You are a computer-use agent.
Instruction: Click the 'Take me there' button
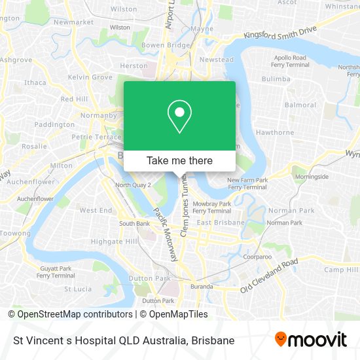tap(179, 160)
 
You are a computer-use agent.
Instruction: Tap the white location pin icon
tap(179, 116)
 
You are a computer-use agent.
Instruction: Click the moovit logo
tap(311, 340)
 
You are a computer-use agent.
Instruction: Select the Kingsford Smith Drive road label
tap(279, 32)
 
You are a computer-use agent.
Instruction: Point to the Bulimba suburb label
tap(276, 79)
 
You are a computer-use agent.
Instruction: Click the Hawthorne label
tap(275, 132)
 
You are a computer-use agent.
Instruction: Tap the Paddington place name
tap(54, 124)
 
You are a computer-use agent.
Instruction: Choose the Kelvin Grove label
tap(91, 78)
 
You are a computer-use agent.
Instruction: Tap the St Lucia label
tap(78, 289)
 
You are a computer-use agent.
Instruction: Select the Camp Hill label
tap(341, 270)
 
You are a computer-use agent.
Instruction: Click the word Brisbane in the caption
tap(213, 340)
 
